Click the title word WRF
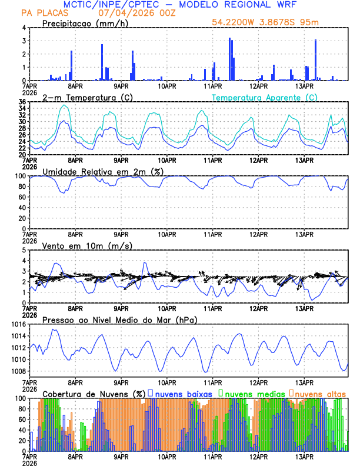pyautogui.click(x=282, y=4)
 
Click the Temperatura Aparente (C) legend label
pyautogui.click(x=265, y=97)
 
